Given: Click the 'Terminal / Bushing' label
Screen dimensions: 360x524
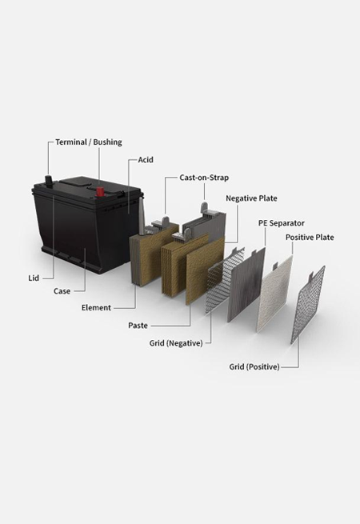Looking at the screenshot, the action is [x=89, y=142].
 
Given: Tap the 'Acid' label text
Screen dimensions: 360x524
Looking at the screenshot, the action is [x=146, y=160].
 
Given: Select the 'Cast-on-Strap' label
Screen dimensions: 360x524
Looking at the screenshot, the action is [x=204, y=178].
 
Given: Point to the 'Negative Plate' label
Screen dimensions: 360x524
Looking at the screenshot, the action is [x=251, y=198].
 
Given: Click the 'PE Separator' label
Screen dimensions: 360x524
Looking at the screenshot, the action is [x=282, y=223].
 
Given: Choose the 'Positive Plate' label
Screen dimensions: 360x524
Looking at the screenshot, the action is [x=310, y=238].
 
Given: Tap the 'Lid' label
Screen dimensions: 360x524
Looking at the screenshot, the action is [x=34, y=278].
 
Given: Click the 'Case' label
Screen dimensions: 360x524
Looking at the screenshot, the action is [x=62, y=291].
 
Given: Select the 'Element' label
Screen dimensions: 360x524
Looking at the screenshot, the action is [x=96, y=307].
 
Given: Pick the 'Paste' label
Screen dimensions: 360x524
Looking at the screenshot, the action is [x=138, y=325].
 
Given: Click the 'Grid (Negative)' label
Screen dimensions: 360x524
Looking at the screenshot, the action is [x=176, y=343].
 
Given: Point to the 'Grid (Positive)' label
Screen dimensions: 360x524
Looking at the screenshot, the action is [x=254, y=366].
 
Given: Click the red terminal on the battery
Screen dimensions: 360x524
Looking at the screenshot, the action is [x=100, y=192].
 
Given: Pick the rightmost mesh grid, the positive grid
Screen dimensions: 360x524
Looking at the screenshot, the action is [x=308, y=305].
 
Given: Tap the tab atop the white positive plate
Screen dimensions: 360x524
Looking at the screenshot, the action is [x=275, y=266].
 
